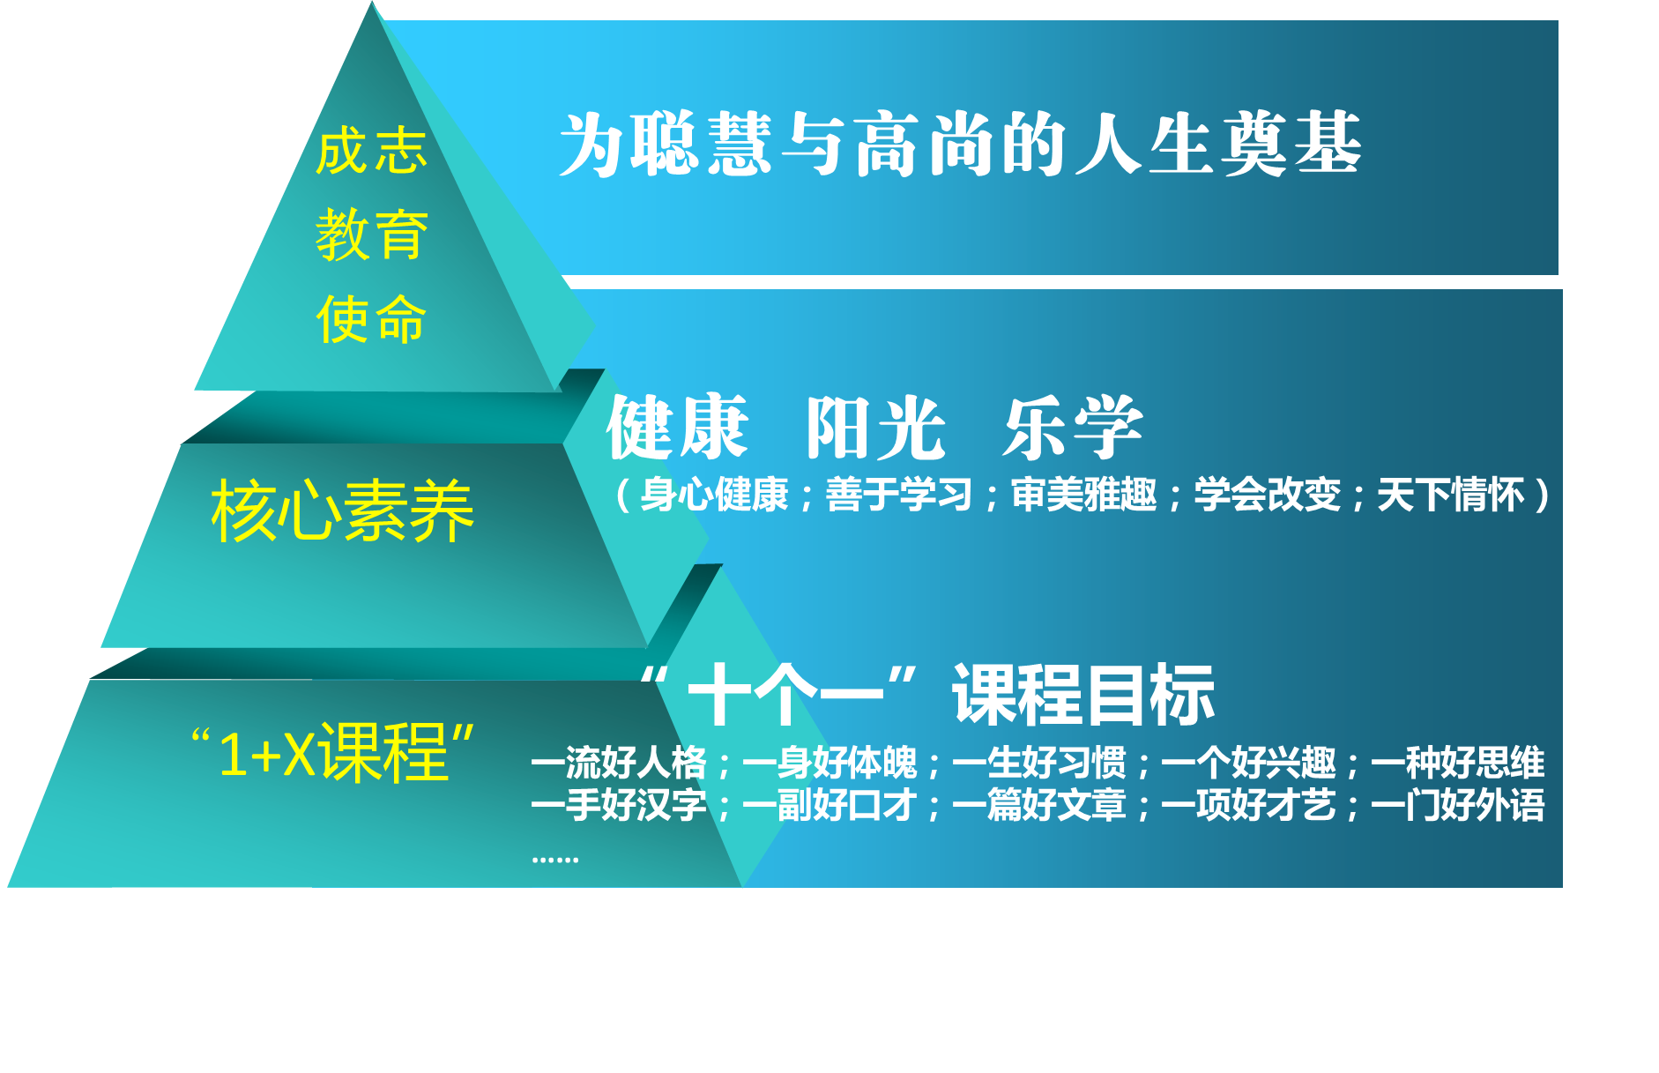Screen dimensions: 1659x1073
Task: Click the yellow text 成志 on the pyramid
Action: [371, 151]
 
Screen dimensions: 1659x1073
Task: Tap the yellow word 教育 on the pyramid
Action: [371, 235]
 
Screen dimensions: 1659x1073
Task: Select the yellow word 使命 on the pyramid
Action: [371, 318]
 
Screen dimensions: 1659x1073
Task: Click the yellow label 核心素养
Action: [342, 510]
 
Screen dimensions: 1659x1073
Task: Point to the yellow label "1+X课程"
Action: [333, 752]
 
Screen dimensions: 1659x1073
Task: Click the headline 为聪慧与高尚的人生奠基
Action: [960, 145]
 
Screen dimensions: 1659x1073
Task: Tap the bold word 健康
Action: [677, 428]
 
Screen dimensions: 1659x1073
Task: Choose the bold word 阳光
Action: [875, 428]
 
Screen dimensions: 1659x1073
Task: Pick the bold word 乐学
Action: [1073, 428]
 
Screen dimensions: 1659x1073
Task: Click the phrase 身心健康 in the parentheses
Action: [714, 495]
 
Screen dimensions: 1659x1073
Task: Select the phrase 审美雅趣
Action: [1083, 495]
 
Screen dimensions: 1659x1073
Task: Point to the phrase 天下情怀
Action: [1450, 495]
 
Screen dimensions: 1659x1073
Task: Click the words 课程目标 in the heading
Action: [1083, 695]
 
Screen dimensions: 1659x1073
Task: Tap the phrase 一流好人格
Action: [619, 763]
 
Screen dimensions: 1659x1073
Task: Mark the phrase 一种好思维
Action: [1458, 763]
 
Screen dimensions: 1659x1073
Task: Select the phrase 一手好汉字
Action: [619, 805]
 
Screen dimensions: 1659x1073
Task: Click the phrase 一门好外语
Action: [1458, 805]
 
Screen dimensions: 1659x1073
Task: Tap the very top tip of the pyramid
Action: [372, 2]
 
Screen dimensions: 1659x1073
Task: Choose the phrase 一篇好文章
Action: [1039, 805]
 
